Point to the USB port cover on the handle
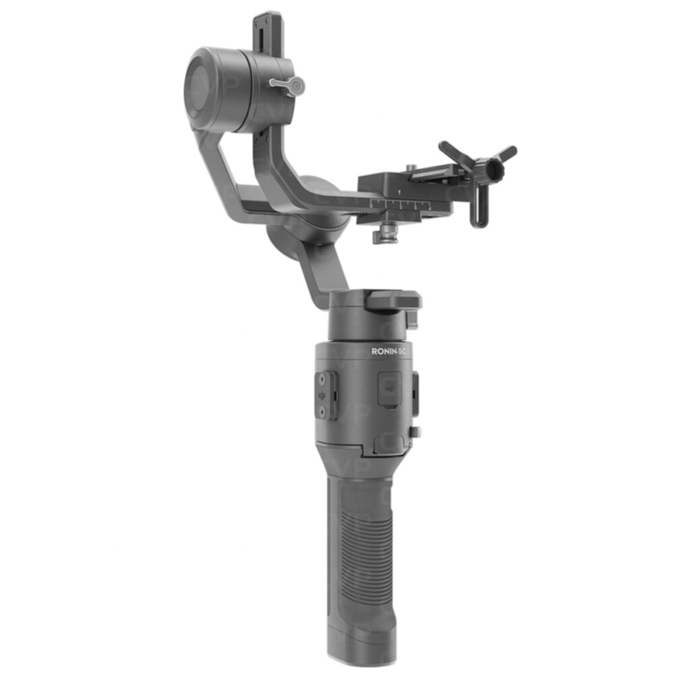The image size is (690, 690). tap(389, 389)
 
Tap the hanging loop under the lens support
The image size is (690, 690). tap(479, 206)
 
